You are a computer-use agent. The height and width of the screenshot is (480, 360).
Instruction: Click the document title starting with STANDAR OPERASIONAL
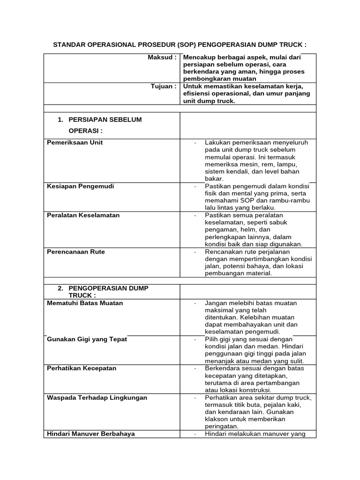pyautogui.click(x=180, y=45)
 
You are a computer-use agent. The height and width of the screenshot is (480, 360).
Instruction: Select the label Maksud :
pyautogui.click(x=161, y=57)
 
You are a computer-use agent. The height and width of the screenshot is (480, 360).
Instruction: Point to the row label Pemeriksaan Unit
pyautogui.click(x=75, y=142)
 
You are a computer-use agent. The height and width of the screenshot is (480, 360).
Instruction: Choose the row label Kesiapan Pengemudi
pyautogui.click(x=81, y=186)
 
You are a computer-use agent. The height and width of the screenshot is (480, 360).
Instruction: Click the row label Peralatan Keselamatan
pyautogui.click(x=83, y=215)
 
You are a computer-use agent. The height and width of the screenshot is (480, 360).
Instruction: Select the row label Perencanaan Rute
pyautogui.click(x=76, y=252)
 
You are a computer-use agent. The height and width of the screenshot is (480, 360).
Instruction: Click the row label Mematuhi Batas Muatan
pyautogui.click(x=85, y=303)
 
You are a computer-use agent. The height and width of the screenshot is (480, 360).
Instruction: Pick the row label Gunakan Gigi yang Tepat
pyautogui.click(x=87, y=339)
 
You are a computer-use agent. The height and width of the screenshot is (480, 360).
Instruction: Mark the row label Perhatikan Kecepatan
pyautogui.click(x=82, y=368)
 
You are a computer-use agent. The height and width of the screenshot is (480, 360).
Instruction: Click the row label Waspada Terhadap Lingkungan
pyautogui.click(x=97, y=397)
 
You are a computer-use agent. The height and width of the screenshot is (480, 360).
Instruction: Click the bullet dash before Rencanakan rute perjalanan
pyautogui.click(x=195, y=252)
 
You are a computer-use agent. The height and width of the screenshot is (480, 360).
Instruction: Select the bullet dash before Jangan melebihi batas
pyautogui.click(x=195, y=303)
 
